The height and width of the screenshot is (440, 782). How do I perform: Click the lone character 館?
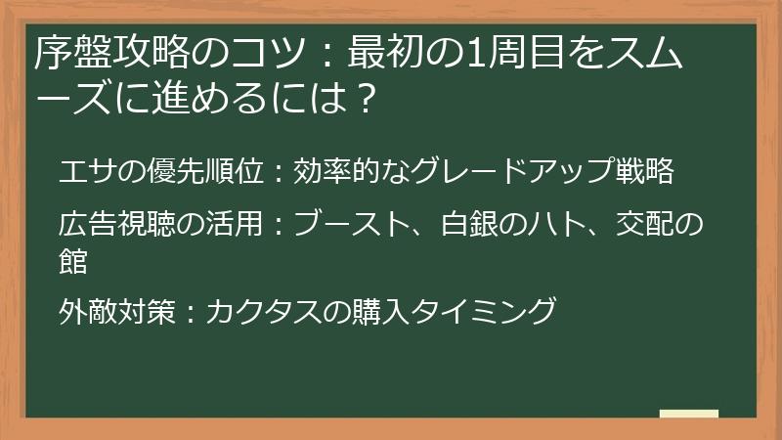pos(73,261)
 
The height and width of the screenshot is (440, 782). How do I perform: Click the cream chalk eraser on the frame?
pos(688,415)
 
